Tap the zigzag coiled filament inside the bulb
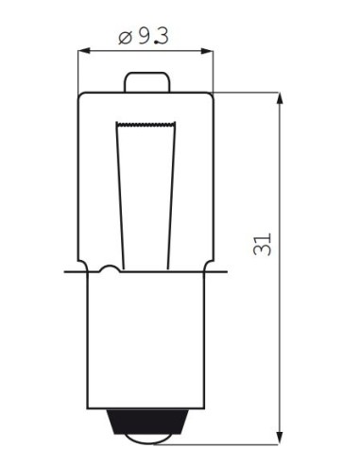click(145, 123)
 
